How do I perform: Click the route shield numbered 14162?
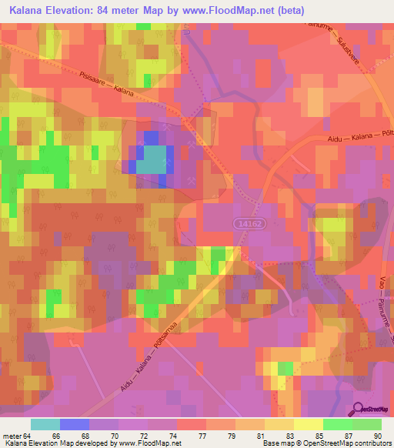point(248,222)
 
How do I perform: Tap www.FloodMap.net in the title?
point(232,11)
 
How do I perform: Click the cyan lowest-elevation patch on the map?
point(154,160)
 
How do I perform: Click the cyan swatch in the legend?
point(45,424)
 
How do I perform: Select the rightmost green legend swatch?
point(367,424)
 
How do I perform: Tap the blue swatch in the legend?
point(75,424)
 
